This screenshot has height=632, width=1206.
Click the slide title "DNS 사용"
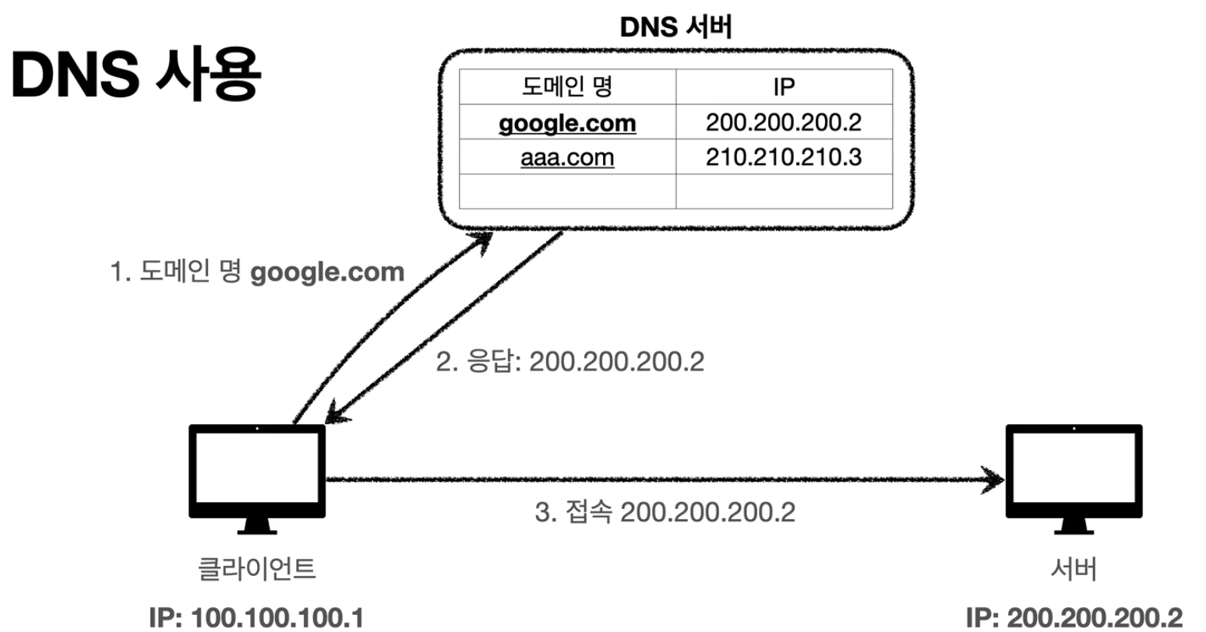[134, 76]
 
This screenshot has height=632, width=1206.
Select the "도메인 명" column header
[566, 86]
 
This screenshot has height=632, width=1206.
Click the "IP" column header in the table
[783, 86]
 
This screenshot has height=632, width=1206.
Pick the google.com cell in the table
[566, 122]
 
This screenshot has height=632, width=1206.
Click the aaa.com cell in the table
[566, 157]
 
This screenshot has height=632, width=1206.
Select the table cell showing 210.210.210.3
[783, 157]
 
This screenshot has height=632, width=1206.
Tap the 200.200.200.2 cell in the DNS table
[783, 122]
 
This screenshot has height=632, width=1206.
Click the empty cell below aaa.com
[566, 191]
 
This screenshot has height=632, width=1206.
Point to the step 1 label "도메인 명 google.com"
[257, 272]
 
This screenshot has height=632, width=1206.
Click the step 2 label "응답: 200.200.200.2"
[569, 362]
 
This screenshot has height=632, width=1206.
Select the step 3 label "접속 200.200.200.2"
[665, 513]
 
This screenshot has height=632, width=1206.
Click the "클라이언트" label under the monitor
[257, 569]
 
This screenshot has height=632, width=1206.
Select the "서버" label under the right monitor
[1074, 569]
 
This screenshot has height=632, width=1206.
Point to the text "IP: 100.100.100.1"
[257, 616]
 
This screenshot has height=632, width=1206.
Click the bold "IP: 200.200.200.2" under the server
[1074, 616]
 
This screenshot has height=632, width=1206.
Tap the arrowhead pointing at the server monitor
[995, 479]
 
